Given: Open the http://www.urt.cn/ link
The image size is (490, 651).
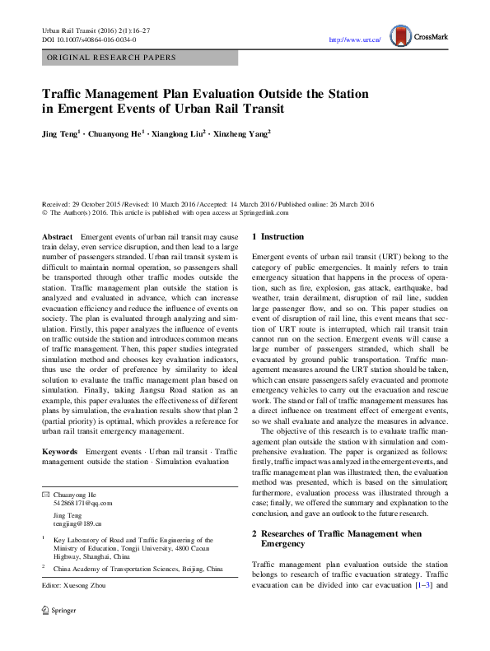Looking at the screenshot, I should click(354, 40).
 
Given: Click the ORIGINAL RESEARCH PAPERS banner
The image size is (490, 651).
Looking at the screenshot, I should click(112, 58).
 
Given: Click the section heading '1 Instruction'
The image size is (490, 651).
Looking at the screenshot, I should click(278, 237).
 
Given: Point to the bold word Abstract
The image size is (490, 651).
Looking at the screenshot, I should click(57, 237).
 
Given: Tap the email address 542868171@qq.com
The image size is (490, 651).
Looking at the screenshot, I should click(82, 503).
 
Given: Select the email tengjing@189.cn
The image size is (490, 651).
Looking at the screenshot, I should click(77, 523).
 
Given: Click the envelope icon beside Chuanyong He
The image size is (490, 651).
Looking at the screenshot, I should click(45, 494).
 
